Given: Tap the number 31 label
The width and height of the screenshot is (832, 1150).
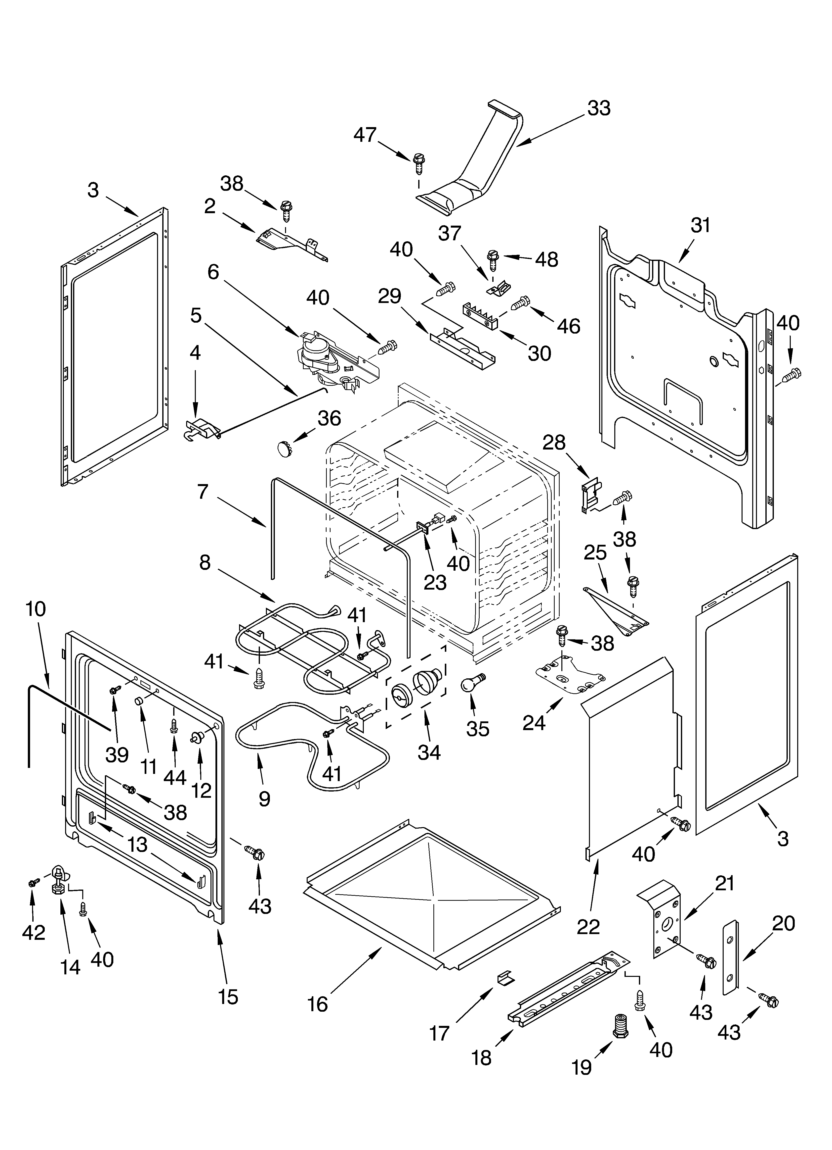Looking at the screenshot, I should click(x=700, y=225).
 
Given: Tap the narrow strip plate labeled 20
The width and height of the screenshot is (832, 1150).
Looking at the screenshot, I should click(x=730, y=955).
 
